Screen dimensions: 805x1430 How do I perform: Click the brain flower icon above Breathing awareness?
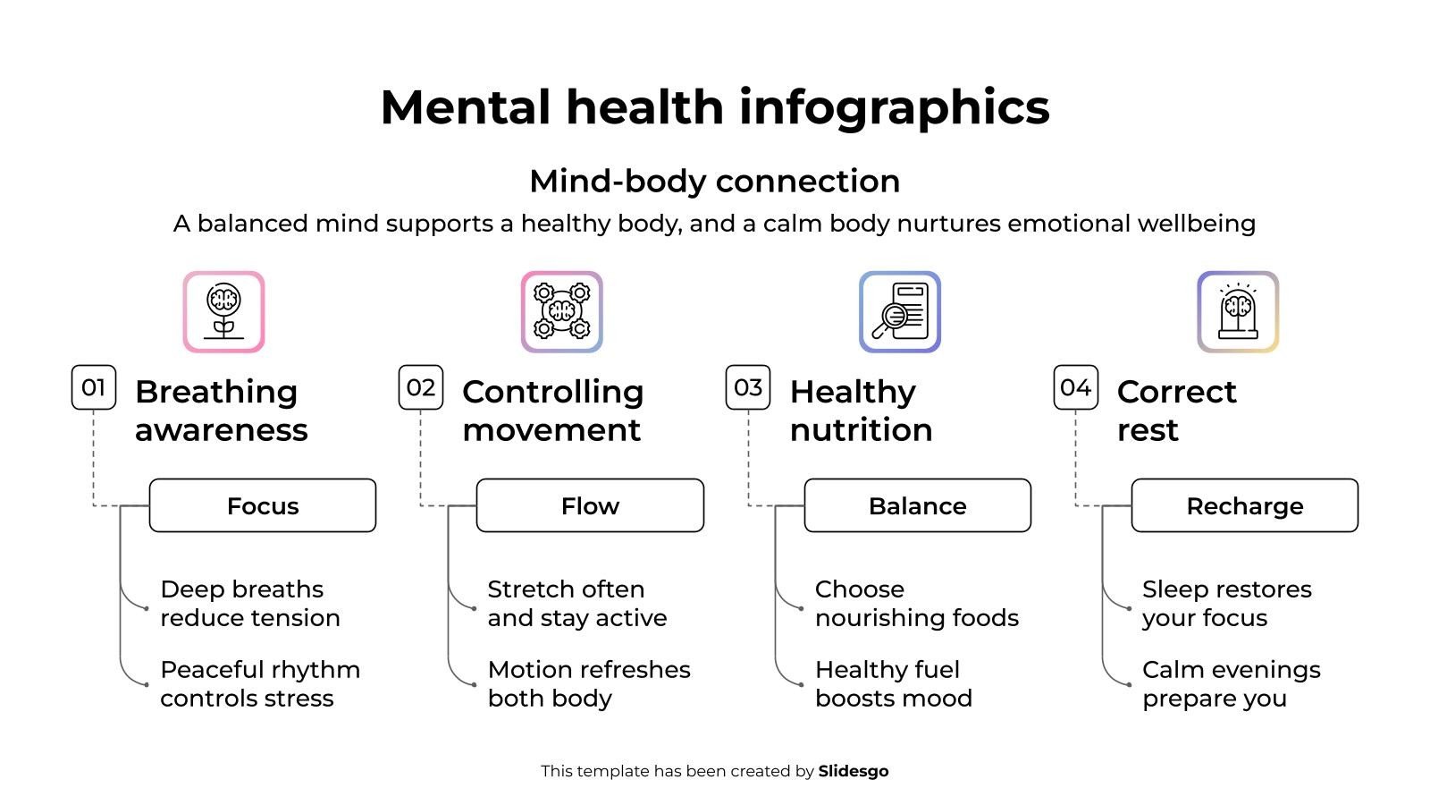click(223, 312)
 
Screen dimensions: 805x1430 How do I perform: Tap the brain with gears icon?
click(561, 312)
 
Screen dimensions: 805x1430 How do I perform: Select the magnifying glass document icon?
click(899, 312)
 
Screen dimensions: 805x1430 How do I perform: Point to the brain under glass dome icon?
click(1238, 312)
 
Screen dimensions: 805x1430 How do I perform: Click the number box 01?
click(94, 387)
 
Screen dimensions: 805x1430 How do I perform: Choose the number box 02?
click(421, 387)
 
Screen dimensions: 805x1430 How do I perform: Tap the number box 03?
click(748, 387)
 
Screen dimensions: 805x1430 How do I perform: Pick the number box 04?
click(1075, 387)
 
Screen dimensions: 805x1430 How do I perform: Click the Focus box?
click(263, 505)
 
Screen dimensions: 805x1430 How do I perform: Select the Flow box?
click(590, 505)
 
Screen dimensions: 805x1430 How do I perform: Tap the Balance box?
click(917, 505)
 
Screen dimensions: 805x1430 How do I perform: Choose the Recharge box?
click(1244, 505)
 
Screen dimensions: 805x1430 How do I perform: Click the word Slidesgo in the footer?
click(853, 771)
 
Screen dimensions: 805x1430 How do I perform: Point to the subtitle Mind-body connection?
click(714, 181)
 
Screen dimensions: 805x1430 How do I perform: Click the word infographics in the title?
click(894, 107)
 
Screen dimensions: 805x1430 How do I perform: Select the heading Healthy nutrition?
click(861, 411)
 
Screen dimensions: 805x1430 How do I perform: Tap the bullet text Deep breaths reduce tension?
click(249, 603)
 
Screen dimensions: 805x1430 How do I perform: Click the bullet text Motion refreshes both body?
click(588, 683)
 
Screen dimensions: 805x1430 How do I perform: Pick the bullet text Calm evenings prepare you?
click(1231, 683)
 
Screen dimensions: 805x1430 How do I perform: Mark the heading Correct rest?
click(1176, 411)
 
